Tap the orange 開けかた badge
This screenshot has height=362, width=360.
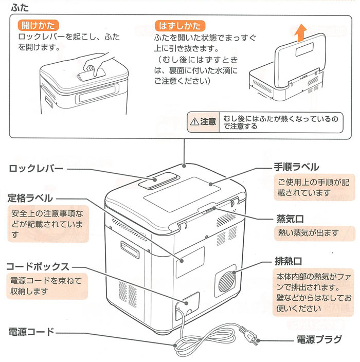38,25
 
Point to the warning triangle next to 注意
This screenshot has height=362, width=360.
194,122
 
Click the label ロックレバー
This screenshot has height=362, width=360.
37,169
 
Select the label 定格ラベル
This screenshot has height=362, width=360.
30,197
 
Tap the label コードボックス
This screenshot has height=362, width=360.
37,267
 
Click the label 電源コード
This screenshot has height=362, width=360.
31,331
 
